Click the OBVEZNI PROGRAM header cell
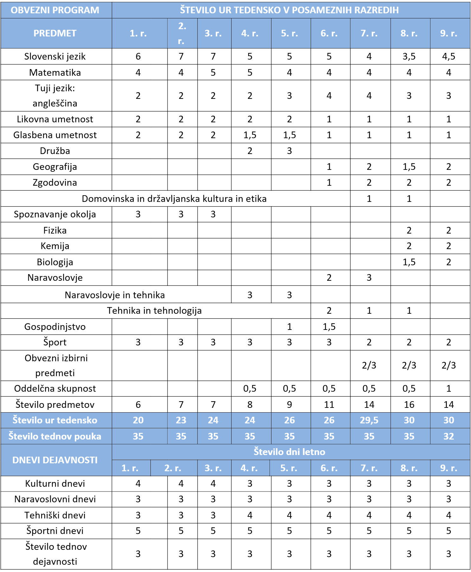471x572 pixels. coord(55,10)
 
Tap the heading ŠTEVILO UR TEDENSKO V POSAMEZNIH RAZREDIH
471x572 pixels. coord(289,10)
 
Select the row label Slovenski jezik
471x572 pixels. coord(55,56)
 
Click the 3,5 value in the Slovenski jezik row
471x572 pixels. coord(409,56)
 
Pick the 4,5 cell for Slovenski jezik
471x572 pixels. coord(449,56)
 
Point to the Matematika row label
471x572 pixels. coord(55,73)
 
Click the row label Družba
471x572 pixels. coord(55,151)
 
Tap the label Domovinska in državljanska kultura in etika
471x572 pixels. coord(174,199)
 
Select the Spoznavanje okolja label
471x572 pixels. coord(55,215)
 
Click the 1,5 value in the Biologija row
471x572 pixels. coord(409,262)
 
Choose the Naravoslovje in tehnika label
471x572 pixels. coord(115,295)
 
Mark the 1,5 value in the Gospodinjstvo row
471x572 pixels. coord(329,327)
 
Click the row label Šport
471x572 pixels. coord(55,342)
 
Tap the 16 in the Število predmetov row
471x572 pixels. coord(409,405)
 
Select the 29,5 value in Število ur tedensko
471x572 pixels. coord(369,420)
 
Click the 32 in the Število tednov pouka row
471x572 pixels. coord(449,436)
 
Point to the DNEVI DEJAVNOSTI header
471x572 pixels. coord(55,460)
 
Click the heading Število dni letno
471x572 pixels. coord(289,452)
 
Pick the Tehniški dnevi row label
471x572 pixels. coord(55,515)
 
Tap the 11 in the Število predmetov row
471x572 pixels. coord(329,405)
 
